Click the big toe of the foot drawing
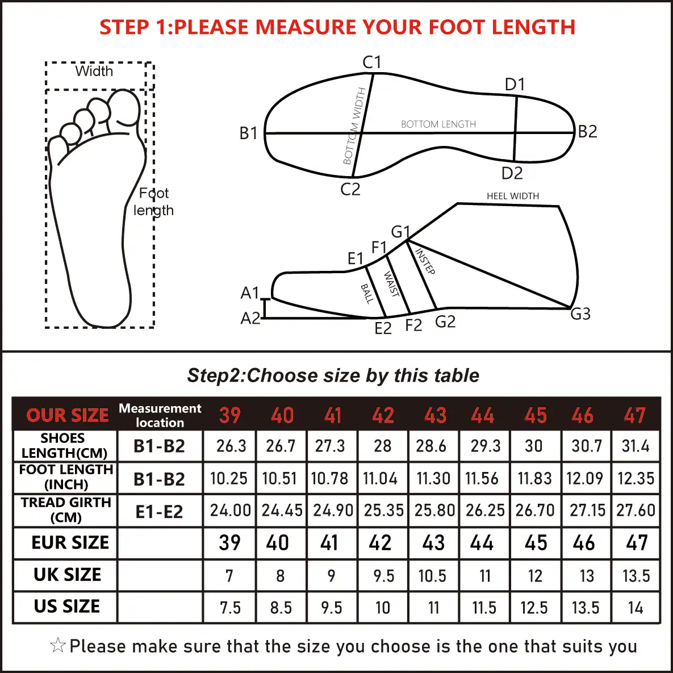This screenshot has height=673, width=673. click(x=124, y=108)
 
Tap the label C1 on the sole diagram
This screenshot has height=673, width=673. click(x=372, y=62)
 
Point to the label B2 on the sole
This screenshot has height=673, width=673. click(x=588, y=132)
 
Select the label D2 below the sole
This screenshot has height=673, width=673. click(x=512, y=173)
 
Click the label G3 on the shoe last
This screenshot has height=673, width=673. click(x=580, y=313)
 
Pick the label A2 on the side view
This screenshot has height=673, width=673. click(x=250, y=318)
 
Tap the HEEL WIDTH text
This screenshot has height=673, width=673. click(x=513, y=196)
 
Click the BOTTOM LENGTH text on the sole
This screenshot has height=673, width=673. click(x=438, y=124)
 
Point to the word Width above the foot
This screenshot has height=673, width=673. click(x=94, y=72)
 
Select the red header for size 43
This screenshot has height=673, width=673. click(x=435, y=415)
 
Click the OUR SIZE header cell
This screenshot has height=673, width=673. click(x=68, y=415)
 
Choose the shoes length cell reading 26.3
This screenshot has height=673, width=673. click(x=231, y=446)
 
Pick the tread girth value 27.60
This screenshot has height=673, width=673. click(x=636, y=510)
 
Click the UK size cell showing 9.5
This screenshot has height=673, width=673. click(x=383, y=576)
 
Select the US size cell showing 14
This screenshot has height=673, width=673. click(x=636, y=608)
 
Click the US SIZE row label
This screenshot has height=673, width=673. click(x=67, y=607)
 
